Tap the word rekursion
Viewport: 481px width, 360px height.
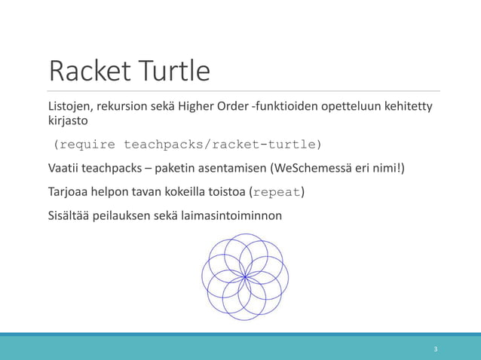[x=126, y=105]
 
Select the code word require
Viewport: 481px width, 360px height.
[x=87, y=144]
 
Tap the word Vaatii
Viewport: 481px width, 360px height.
[x=66, y=168]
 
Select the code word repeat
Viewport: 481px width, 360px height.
[x=277, y=192]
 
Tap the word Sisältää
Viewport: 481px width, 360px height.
[x=69, y=216]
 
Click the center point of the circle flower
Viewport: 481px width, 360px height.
[x=245, y=277]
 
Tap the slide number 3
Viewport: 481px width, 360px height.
[x=435, y=349]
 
